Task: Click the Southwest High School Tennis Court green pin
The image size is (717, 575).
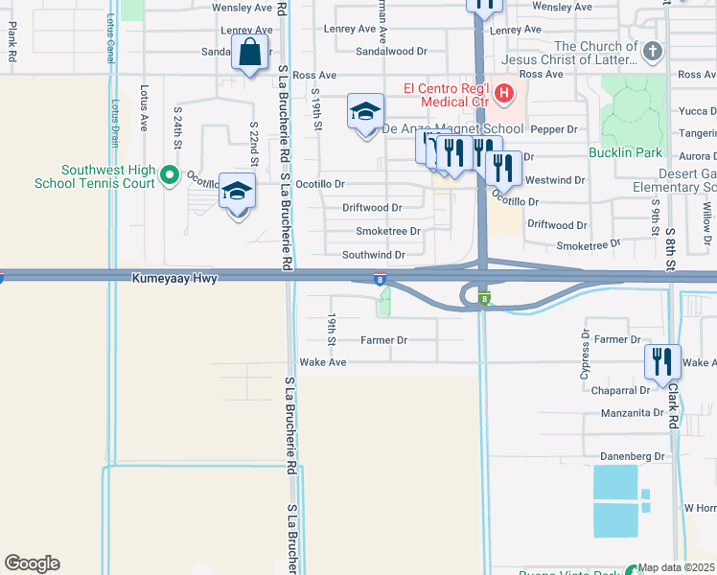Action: click(169, 174)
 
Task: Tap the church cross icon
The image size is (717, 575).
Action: click(652, 52)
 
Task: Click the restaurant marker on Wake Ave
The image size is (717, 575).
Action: click(661, 362)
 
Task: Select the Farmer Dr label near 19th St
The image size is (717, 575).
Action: click(384, 340)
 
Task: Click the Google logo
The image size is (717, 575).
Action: click(32, 563)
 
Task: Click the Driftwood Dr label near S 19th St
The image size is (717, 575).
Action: click(372, 207)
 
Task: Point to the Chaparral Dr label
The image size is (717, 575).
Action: click(620, 390)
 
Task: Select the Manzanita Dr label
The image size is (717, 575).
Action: click(631, 413)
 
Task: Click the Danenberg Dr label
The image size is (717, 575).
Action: click(632, 455)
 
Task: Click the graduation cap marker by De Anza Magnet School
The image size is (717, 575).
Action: click(365, 113)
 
